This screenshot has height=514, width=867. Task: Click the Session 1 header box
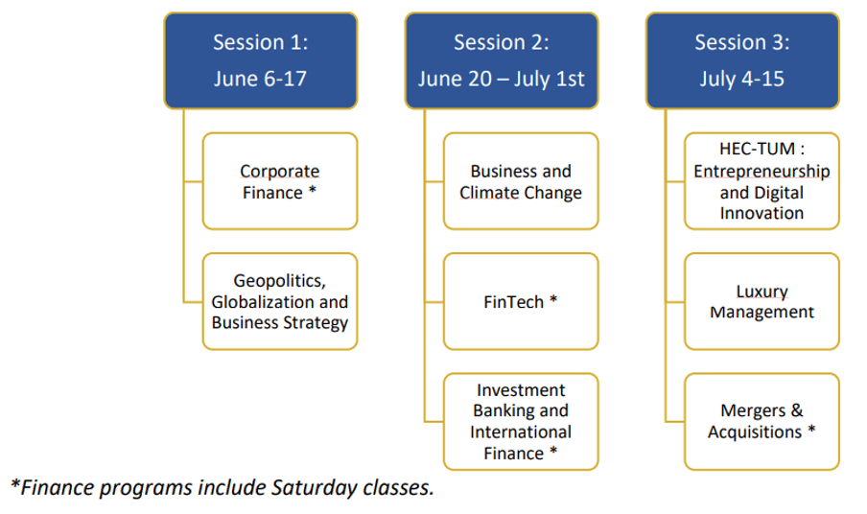261,60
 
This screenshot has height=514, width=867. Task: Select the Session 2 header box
502,60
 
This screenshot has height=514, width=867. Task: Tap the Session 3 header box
742,60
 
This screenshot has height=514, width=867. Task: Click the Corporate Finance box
280,181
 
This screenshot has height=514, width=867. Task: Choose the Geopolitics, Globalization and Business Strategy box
280,302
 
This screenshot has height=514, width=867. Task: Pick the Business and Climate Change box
521,181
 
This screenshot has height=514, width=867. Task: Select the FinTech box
521,302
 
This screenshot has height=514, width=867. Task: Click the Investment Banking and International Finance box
521,422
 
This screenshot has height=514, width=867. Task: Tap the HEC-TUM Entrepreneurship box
762,181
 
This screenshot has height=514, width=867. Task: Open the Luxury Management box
762,302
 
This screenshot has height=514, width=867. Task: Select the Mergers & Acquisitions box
762,422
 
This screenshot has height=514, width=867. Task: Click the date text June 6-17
261,79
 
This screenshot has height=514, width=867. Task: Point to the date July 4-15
742,79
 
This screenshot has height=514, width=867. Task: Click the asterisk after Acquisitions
811,430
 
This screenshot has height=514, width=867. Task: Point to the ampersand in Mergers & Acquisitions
797,410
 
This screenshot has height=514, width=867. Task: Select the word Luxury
762,292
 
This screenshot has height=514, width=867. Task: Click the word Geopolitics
279,281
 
